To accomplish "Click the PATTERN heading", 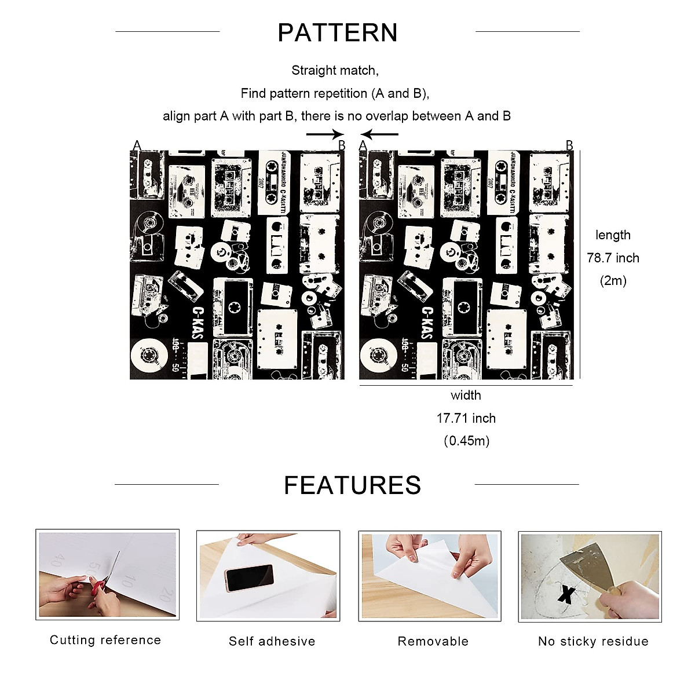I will [x=338, y=33].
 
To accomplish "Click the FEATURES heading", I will [x=352, y=485].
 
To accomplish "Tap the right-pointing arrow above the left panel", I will [x=325, y=134].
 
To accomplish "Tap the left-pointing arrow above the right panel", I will [x=379, y=134].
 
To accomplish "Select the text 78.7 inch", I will [x=613, y=258].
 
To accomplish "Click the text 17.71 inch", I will [x=466, y=418].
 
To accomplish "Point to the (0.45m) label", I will [x=466, y=441].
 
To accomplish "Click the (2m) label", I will [x=613, y=281].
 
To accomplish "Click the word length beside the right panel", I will [x=613, y=235].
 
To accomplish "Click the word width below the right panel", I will [x=466, y=396].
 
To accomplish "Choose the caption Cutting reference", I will [x=105, y=640].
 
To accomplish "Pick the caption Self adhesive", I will [x=272, y=641].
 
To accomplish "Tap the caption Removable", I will [x=433, y=641].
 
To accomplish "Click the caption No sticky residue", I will [x=593, y=641].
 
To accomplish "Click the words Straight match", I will [x=335, y=71].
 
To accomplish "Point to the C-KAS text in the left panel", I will [x=198, y=323].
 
